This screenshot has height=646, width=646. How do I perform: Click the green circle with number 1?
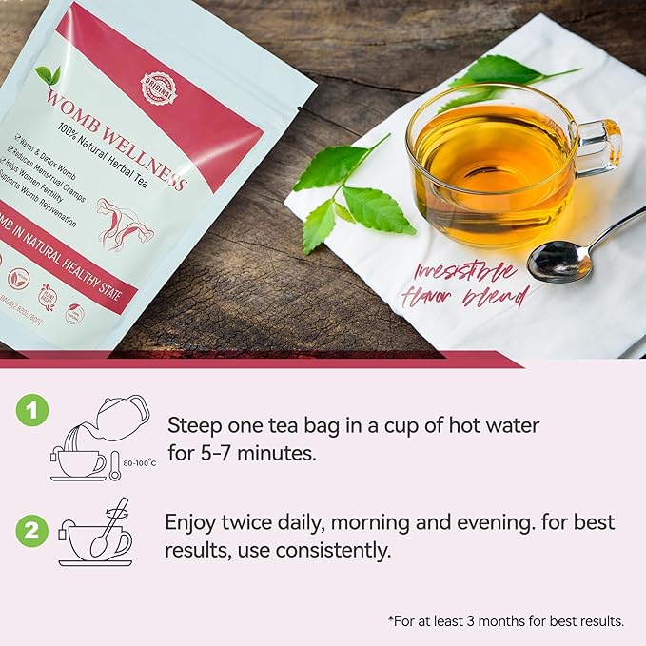click(33, 410)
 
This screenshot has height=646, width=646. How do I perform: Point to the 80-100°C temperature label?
click(140, 464)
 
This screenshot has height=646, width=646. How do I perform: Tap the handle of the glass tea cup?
click(599, 147)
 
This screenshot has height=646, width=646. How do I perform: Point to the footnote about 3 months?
click(505, 620)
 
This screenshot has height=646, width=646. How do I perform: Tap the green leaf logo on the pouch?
click(47, 74)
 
